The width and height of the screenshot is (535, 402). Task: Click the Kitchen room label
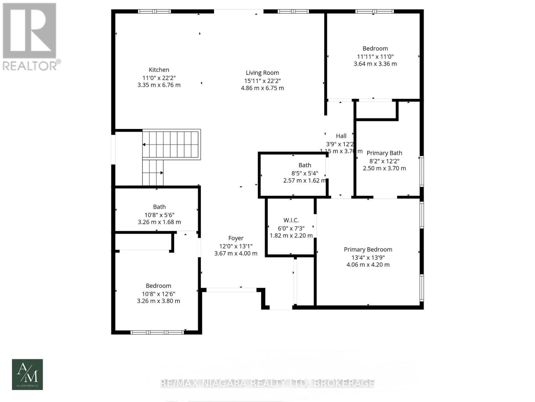pos(159,70)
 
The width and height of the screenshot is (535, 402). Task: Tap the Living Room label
pos(262,73)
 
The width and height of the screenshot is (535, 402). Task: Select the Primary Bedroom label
pos(368,250)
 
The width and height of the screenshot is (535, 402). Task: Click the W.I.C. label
pos(291,220)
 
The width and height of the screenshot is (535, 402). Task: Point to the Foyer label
pos(236,238)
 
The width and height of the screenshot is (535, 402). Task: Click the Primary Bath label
pos(384,153)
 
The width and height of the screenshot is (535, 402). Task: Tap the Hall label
pos(341,136)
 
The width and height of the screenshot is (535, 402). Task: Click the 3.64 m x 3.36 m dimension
pos(375,64)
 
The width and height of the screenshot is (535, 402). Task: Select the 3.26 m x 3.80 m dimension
pos(158,301)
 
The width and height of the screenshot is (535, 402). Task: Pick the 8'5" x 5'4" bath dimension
pos(305,173)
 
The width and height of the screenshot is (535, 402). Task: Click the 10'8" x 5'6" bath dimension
pos(159,215)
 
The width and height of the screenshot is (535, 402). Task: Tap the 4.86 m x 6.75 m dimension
pos(262,88)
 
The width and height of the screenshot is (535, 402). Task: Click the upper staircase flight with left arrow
pos(171,144)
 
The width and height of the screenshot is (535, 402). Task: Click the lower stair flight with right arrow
pos(153,173)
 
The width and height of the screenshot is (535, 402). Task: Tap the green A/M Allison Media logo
pos(27,374)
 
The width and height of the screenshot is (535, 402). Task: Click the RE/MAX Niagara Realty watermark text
pos(267,383)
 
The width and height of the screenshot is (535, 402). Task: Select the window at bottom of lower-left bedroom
pos(157,332)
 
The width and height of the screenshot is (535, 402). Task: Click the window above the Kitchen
pos(154,11)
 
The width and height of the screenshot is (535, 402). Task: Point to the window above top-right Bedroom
pos(374,11)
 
